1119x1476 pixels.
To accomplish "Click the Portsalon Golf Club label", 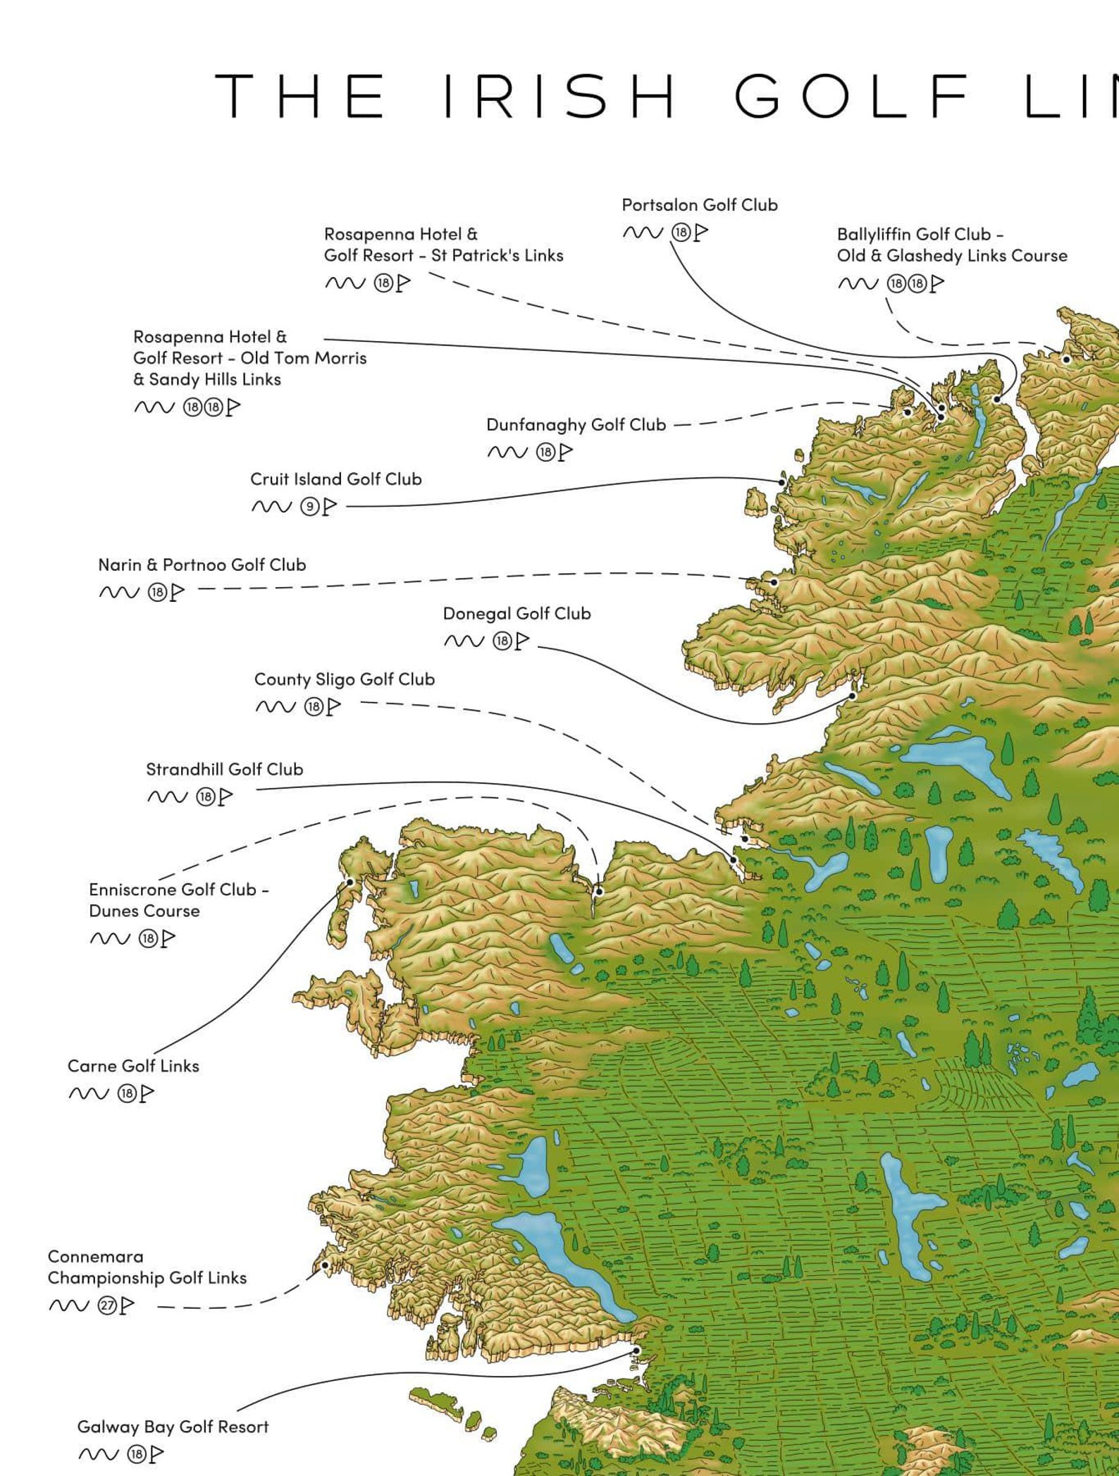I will point(699,205).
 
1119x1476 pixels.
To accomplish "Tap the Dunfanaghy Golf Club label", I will point(576,425).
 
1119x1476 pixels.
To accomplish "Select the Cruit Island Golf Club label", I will point(335,479).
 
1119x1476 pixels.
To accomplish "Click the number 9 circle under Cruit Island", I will point(309,507).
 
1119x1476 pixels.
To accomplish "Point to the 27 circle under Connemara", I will point(106,1305).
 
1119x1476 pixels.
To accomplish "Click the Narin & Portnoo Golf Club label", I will point(202,565).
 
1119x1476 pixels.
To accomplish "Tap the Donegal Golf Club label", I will point(517,614).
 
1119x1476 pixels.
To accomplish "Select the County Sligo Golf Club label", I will point(344,679).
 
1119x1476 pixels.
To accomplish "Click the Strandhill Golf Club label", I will point(224,770).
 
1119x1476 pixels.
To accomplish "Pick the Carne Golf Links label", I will point(133,1066).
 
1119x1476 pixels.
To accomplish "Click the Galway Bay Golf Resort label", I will point(173,1427).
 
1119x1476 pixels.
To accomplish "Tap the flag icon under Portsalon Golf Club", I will point(700,232).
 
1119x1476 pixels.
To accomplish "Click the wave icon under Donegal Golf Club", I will point(464,641).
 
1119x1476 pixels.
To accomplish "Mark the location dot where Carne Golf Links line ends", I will point(350,882).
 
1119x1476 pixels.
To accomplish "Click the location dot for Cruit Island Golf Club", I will point(782,483).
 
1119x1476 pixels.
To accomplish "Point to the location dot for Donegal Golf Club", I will point(852,696).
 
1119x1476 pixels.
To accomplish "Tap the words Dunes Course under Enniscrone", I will point(144,911).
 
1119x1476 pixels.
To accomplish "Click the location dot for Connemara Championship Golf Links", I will point(325,1266).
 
